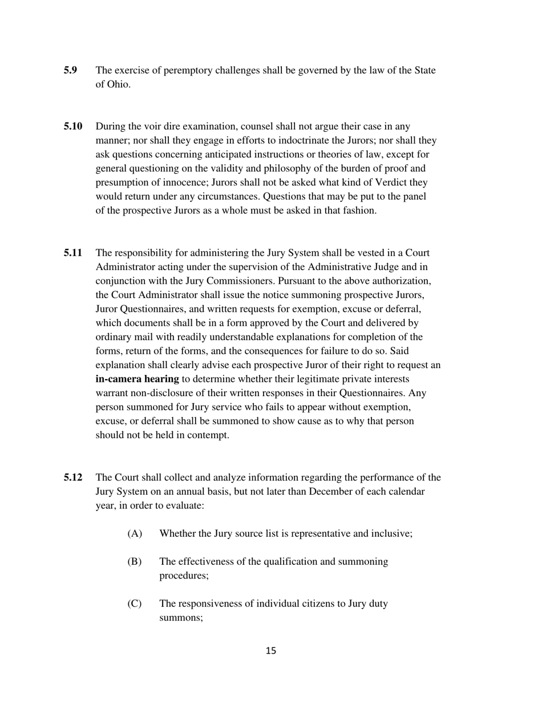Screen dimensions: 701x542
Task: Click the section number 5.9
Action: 70,71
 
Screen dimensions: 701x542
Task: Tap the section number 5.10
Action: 73,127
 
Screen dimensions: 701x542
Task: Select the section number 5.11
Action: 73,253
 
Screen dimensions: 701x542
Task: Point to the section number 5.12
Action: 73,478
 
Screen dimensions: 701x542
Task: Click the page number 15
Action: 271,651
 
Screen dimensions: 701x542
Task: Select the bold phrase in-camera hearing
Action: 137,379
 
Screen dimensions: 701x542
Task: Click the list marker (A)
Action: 134,534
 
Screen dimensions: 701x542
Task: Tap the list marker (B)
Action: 134,562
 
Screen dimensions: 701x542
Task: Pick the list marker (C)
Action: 134,604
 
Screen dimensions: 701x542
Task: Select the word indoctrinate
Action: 323,141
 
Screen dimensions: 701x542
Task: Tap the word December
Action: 332,492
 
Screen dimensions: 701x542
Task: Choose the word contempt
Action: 209,435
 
